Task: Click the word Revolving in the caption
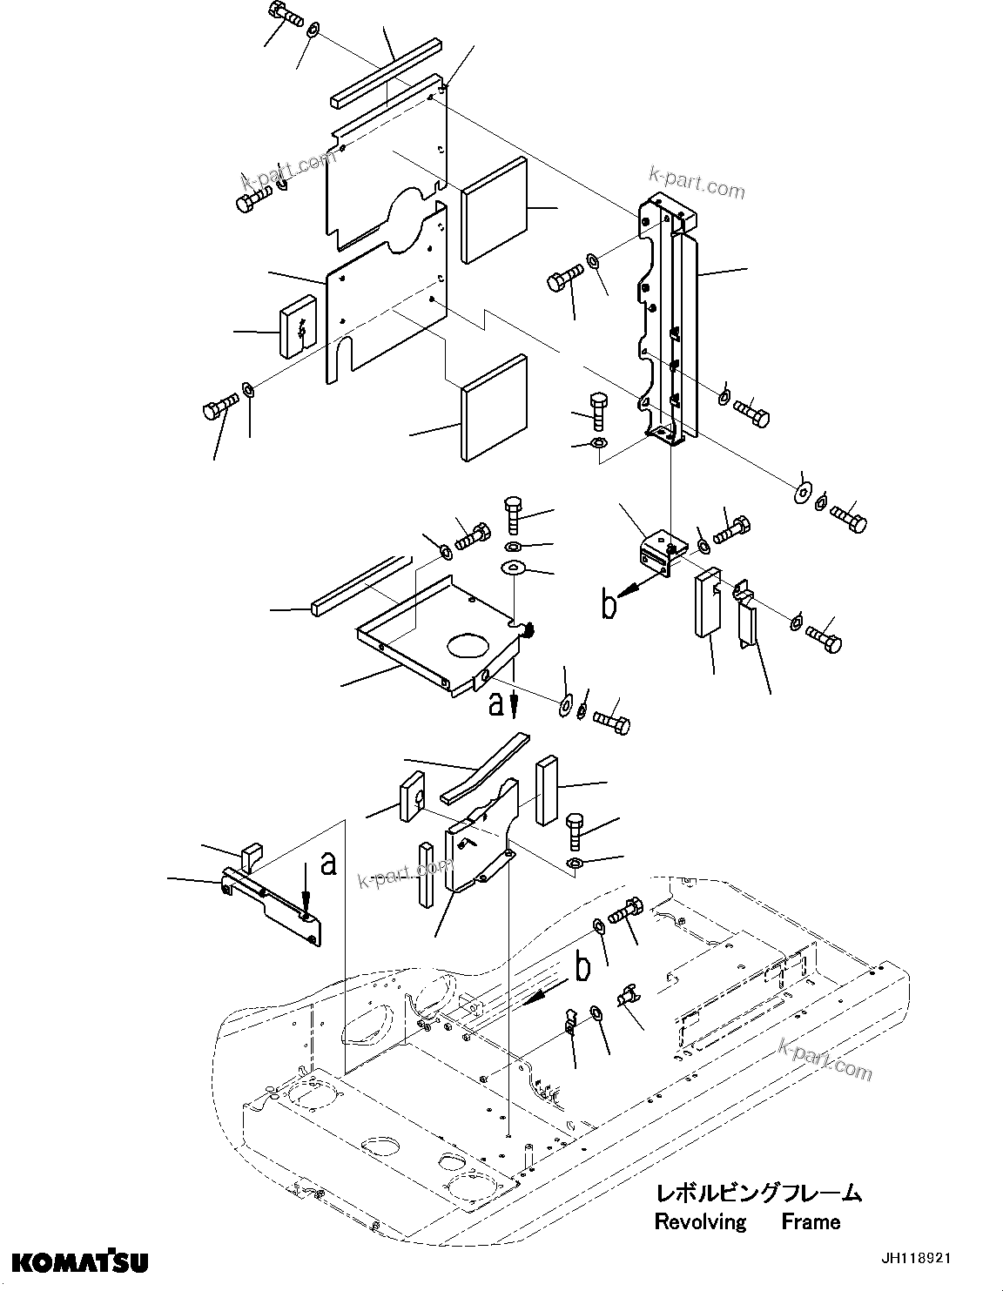tap(700, 1221)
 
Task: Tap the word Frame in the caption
tap(810, 1221)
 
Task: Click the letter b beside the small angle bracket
tap(610, 604)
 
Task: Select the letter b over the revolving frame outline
tap(582, 965)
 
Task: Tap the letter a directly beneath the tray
tap(496, 703)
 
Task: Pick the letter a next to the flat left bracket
tap(327, 863)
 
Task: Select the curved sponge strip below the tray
tap(484, 767)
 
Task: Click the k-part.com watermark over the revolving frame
tap(825, 1057)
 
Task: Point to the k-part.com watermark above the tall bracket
tap(697, 184)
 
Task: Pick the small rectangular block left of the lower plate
tap(295, 327)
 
